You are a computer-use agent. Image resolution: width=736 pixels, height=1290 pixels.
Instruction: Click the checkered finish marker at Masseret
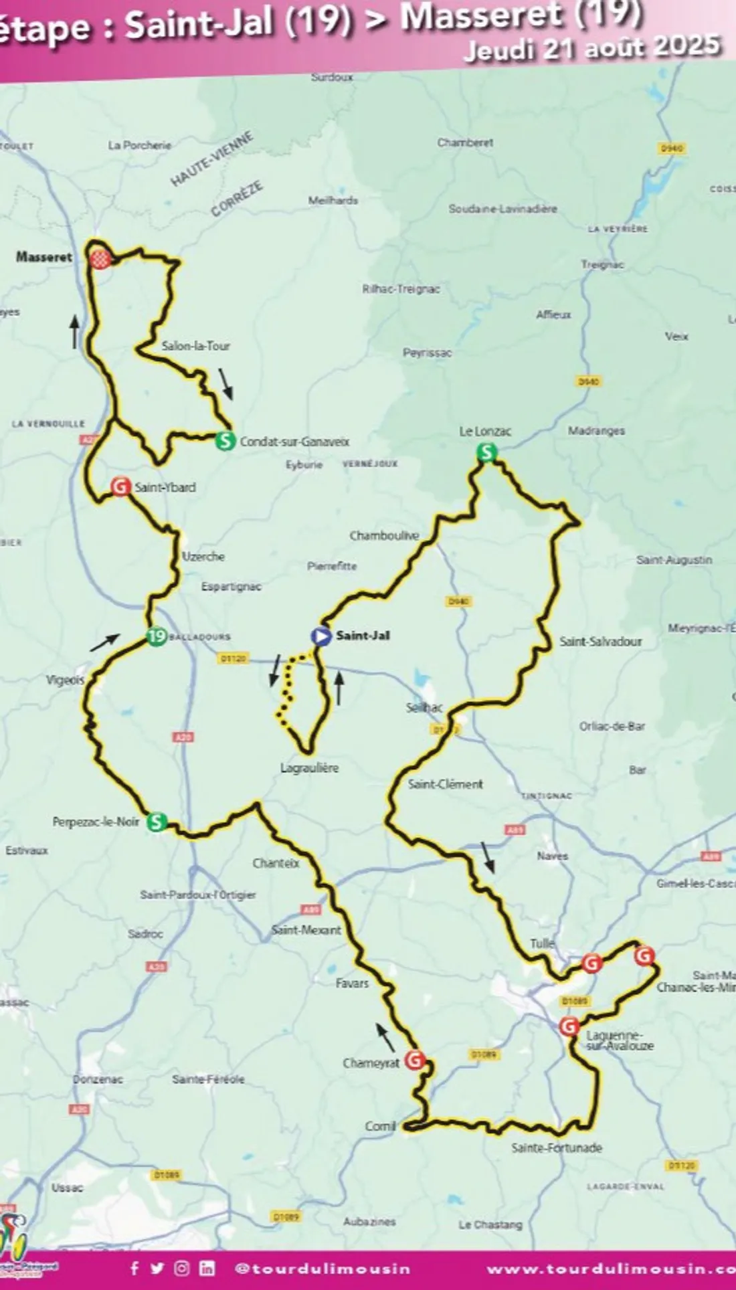pyautogui.click(x=100, y=260)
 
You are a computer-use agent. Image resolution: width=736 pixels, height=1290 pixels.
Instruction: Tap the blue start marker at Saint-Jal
pyautogui.click(x=321, y=636)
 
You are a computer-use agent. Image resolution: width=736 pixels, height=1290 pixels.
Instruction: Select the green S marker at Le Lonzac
pyautogui.click(x=487, y=453)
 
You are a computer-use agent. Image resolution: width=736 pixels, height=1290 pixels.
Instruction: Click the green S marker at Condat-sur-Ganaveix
pyautogui.click(x=225, y=441)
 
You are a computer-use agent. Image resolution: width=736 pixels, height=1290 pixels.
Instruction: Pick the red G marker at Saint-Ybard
pyautogui.click(x=120, y=486)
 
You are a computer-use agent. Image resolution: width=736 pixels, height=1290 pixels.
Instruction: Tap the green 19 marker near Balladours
pyautogui.click(x=156, y=636)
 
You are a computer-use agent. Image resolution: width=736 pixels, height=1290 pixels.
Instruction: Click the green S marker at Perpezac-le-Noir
pyautogui.click(x=157, y=821)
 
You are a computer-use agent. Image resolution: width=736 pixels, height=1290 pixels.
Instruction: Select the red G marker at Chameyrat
pyautogui.click(x=415, y=1060)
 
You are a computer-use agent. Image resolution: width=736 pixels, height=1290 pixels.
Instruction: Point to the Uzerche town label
pyautogui.click(x=203, y=556)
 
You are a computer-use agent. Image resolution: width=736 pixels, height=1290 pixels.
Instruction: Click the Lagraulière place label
pyautogui.click(x=309, y=768)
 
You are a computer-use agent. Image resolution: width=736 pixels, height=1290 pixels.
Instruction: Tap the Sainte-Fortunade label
pyautogui.click(x=557, y=1147)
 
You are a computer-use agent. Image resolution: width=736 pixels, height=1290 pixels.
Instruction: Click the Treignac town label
pyautogui.click(x=602, y=264)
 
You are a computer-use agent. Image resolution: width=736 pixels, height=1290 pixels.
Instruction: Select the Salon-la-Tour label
pyautogui.click(x=195, y=346)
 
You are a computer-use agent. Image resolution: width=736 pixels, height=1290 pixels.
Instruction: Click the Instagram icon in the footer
pyautogui.click(x=182, y=1268)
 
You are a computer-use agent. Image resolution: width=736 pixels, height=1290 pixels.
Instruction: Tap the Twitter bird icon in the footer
pyautogui.click(x=157, y=1268)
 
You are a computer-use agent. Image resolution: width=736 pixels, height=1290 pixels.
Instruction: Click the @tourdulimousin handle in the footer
pyautogui.click(x=323, y=1269)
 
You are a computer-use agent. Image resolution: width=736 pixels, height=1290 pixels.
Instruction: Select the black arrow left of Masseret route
pyautogui.click(x=75, y=332)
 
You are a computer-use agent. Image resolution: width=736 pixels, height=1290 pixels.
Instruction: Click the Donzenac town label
pyautogui.click(x=98, y=1079)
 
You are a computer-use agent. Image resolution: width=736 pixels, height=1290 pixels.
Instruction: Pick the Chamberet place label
pyautogui.click(x=465, y=143)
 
